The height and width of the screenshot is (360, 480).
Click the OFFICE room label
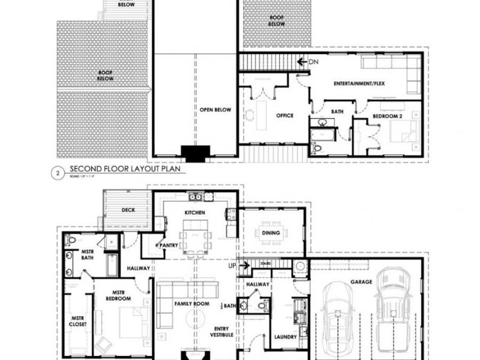click(x=284, y=115)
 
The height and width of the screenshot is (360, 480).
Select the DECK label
click(x=129, y=210)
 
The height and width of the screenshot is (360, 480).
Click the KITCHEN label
click(x=195, y=213)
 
